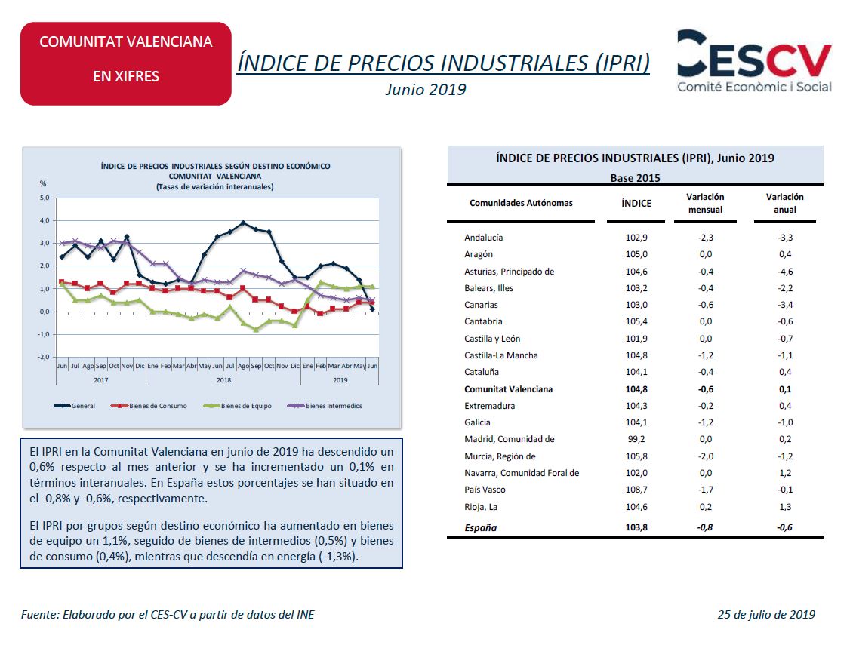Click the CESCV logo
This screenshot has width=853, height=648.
tap(754, 60)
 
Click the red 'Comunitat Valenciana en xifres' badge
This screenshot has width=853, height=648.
tap(125, 63)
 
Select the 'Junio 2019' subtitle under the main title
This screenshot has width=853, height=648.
tap(426, 89)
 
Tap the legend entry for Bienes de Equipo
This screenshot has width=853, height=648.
tap(237, 406)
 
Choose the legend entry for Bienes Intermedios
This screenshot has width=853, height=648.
tap(325, 406)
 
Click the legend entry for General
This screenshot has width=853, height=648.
tap(75, 406)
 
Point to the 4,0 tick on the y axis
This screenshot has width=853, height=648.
tap(44, 220)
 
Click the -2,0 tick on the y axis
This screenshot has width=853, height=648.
tap(43, 357)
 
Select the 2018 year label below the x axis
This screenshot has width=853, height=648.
tap(223, 380)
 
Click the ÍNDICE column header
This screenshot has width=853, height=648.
tap(636, 204)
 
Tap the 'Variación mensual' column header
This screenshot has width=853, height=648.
tap(705, 204)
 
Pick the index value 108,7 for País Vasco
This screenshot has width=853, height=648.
tap(636, 490)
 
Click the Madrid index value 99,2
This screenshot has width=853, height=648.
tap(636, 439)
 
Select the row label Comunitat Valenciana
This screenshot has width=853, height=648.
tap(508, 388)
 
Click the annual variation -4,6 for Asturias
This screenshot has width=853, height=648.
tap(785, 272)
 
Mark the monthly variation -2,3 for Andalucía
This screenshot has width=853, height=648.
tap(706, 238)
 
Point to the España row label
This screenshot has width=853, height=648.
tap(480, 527)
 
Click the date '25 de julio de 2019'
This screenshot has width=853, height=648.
tap(766, 614)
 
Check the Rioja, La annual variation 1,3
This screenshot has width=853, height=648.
tap(785, 507)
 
